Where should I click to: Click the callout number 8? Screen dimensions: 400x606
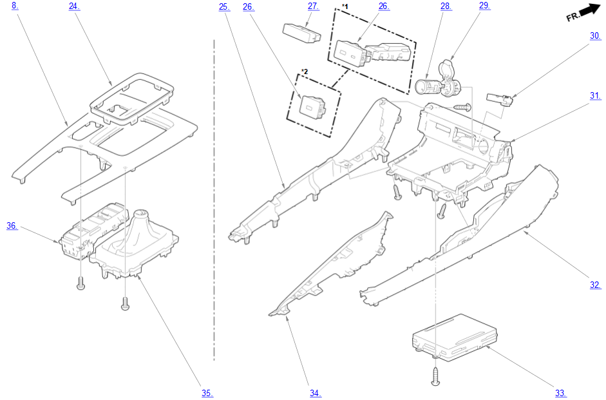click(14, 6)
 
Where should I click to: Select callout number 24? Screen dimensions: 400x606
click(74, 6)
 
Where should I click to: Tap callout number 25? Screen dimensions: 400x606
click(223, 6)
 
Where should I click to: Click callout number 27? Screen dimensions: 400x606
click(313, 6)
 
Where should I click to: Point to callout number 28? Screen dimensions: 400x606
click(445, 6)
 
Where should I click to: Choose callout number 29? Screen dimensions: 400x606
click(484, 6)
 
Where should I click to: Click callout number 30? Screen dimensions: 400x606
click(594, 36)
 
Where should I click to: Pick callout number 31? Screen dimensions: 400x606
click(594, 96)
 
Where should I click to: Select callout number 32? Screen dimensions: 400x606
click(595, 285)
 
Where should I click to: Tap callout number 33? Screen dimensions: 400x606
click(560, 393)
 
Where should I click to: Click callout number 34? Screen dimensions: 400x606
click(315, 393)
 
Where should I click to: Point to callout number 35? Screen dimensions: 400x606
click(207, 393)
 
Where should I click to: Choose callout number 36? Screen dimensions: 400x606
click(12, 225)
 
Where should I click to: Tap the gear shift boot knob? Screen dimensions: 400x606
click(141, 217)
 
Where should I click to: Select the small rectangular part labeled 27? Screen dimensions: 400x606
click(301, 32)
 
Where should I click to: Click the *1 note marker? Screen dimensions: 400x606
click(345, 6)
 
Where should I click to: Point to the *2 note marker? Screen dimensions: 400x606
click(305, 71)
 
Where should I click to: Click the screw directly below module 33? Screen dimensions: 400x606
click(436, 376)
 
